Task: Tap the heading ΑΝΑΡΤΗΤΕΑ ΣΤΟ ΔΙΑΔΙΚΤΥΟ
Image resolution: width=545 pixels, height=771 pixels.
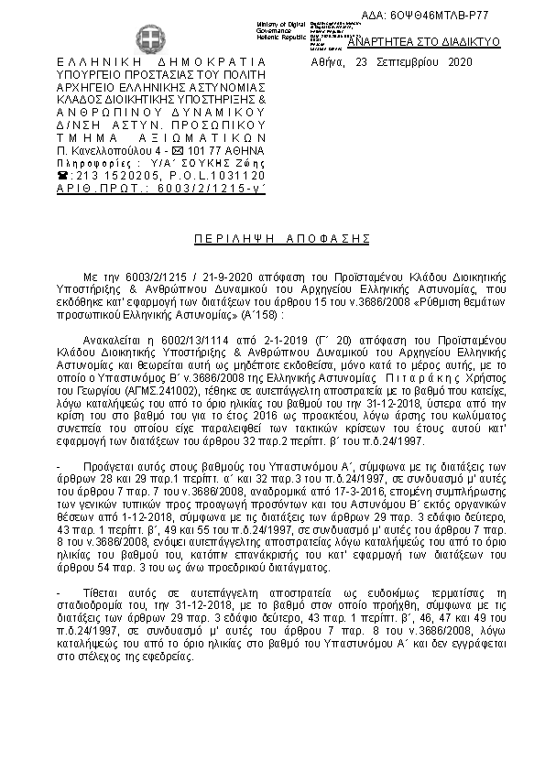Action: pyautogui.click(x=423, y=42)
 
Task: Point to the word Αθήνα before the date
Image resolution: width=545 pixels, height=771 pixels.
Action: pyautogui.click(x=328, y=63)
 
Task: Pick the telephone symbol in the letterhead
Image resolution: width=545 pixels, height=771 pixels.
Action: pyautogui.click(x=62, y=174)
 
